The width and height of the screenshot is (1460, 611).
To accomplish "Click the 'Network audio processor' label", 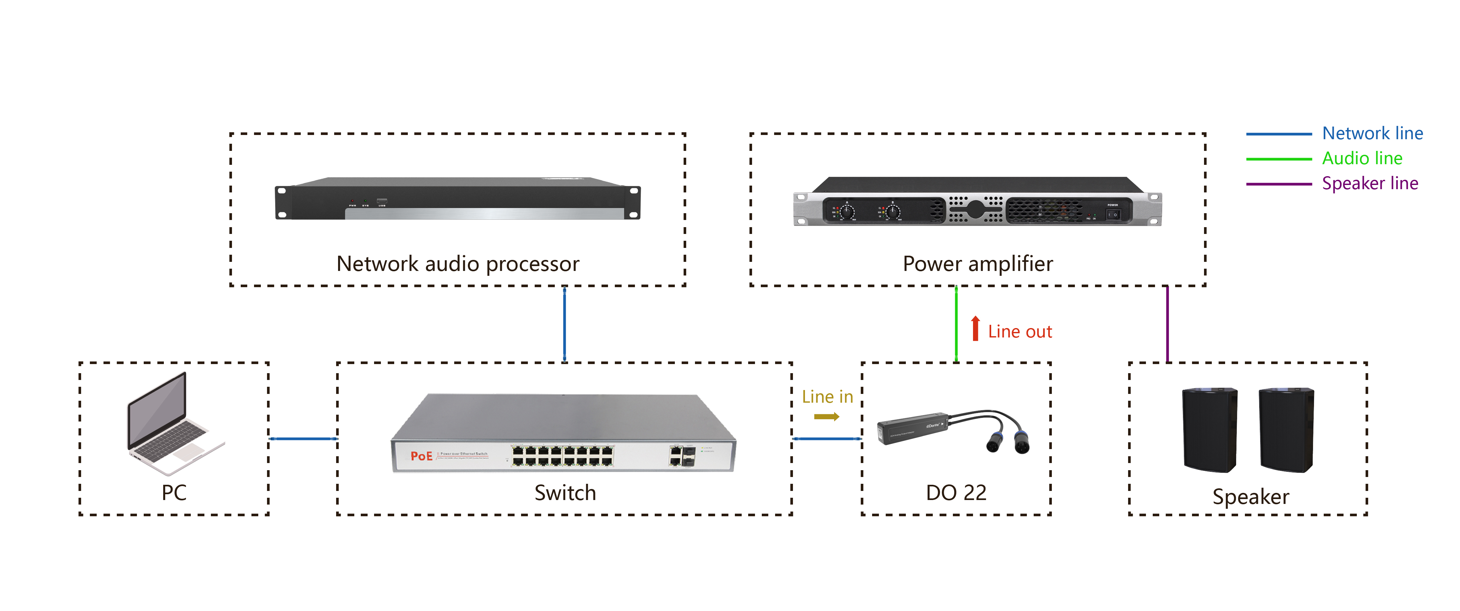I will pos(457,264).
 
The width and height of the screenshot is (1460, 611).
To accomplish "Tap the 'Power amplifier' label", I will pos(977,264).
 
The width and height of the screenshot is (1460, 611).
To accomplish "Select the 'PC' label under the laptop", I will pos(174,493).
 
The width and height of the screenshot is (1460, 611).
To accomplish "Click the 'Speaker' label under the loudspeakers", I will pos(1250,496).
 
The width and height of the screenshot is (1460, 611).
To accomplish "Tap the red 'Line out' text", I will pos(1020,332).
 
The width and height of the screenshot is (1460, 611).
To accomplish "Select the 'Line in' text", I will pos(827,397).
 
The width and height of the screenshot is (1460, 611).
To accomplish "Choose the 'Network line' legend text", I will pos(1372,133).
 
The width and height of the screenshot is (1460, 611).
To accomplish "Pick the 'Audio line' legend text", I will pos(1362,158).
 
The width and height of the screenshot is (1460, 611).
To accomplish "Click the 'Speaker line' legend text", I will pos(1370,183).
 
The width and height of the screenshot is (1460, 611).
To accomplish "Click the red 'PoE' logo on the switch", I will pos(421,456).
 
